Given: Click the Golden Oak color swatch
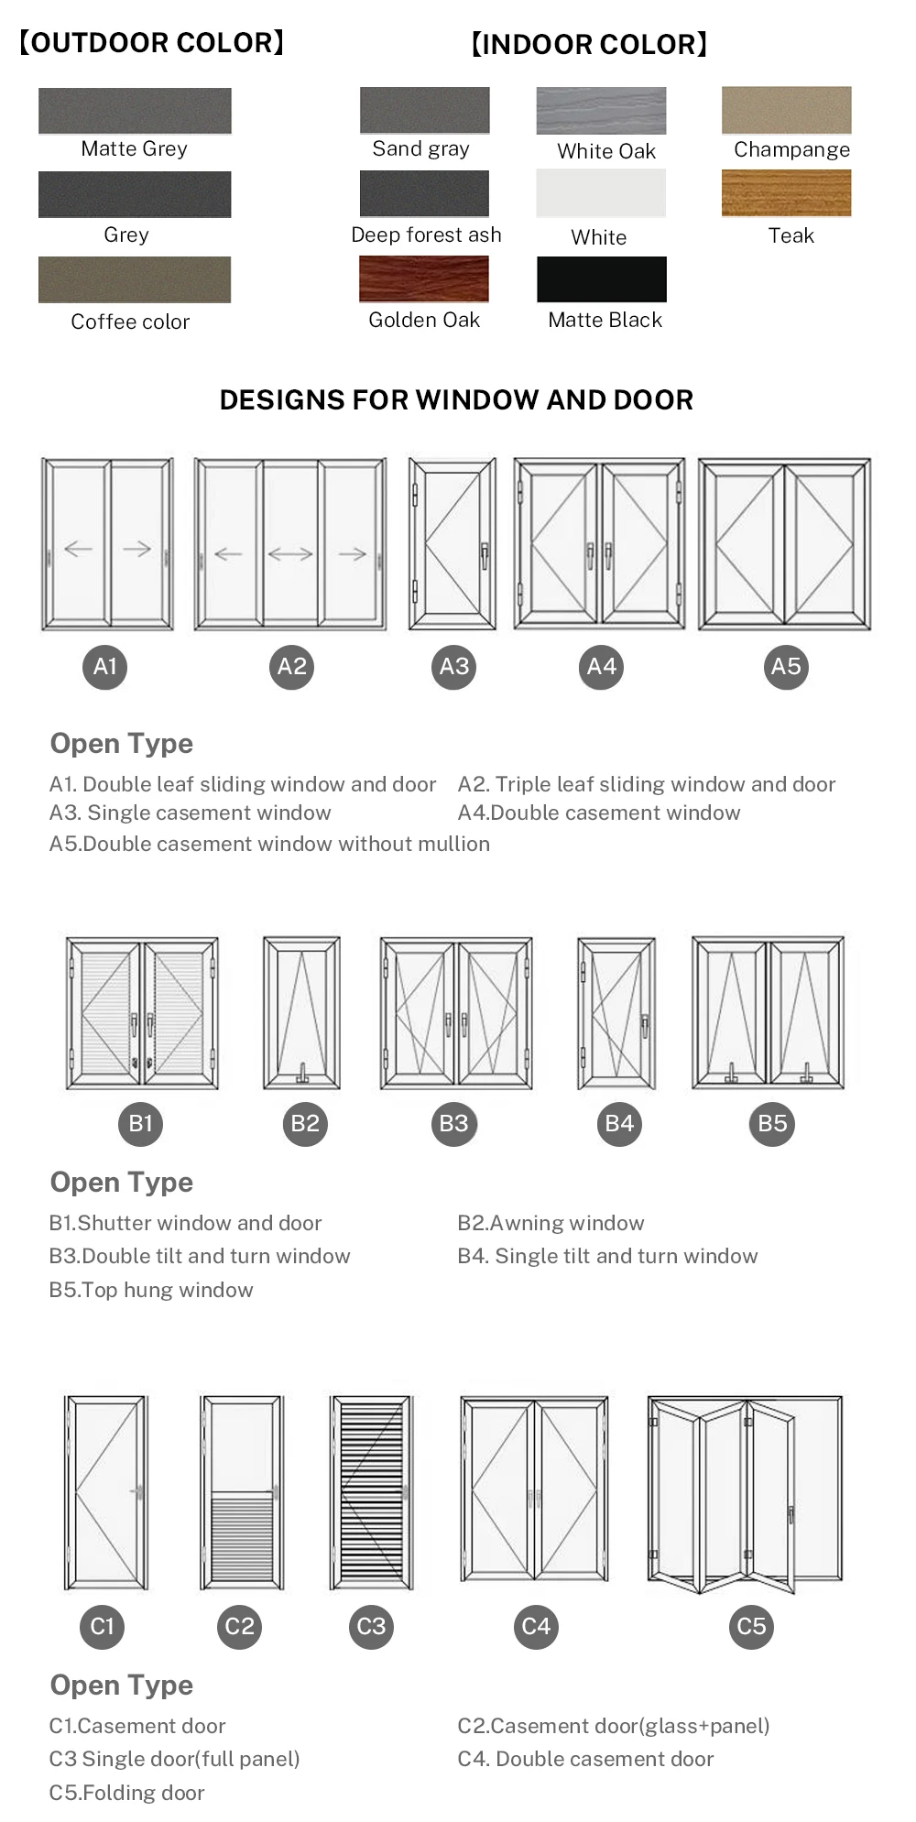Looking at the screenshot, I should [x=424, y=278].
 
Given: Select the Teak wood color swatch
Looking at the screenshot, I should [x=786, y=193].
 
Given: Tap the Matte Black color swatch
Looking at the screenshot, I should [x=602, y=278].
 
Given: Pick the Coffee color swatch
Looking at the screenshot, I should [x=135, y=279].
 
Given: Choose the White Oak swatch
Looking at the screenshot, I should [x=601, y=111].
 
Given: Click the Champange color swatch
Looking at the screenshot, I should [x=786, y=110].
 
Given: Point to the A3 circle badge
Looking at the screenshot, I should [x=454, y=667].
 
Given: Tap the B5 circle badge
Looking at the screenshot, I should [x=772, y=1124].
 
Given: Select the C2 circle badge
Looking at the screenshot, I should [x=240, y=1627].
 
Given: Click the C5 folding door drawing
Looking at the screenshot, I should [x=744, y=1493].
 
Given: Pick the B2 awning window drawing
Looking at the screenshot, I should [x=301, y=1012].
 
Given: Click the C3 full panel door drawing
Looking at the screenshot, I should [x=371, y=1492].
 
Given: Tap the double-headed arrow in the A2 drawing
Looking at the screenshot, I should [x=290, y=553].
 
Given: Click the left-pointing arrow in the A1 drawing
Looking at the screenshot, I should [x=79, y=549].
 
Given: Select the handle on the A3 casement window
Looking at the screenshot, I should [x=485, y=554].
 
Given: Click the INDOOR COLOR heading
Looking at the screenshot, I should [x=589, y=44].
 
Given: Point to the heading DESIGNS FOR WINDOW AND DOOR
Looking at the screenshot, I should [x=456, y=399].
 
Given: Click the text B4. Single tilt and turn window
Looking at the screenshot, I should [x=607, y=1256].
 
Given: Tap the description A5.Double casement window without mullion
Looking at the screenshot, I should [x=269, y=844].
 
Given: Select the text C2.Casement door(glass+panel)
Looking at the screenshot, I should [x=613, y=1726].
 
